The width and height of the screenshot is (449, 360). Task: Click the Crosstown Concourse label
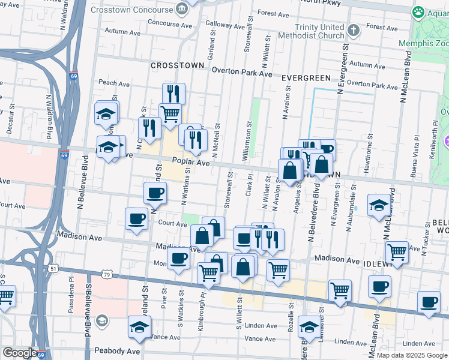(x=131, y=10)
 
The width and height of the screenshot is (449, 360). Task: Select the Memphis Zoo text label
(x=423, y=44)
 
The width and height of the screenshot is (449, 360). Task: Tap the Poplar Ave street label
(x=191, y=163)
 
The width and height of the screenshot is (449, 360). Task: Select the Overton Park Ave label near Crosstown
(x=243, y=73)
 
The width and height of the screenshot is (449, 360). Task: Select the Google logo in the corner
(x=19, y=353)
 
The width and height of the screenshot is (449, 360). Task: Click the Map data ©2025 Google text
(x=411, y=355)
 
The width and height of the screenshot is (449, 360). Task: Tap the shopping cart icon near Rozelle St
(x=279, y=271)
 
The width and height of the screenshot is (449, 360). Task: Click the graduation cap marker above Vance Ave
(x=139, y=328)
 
